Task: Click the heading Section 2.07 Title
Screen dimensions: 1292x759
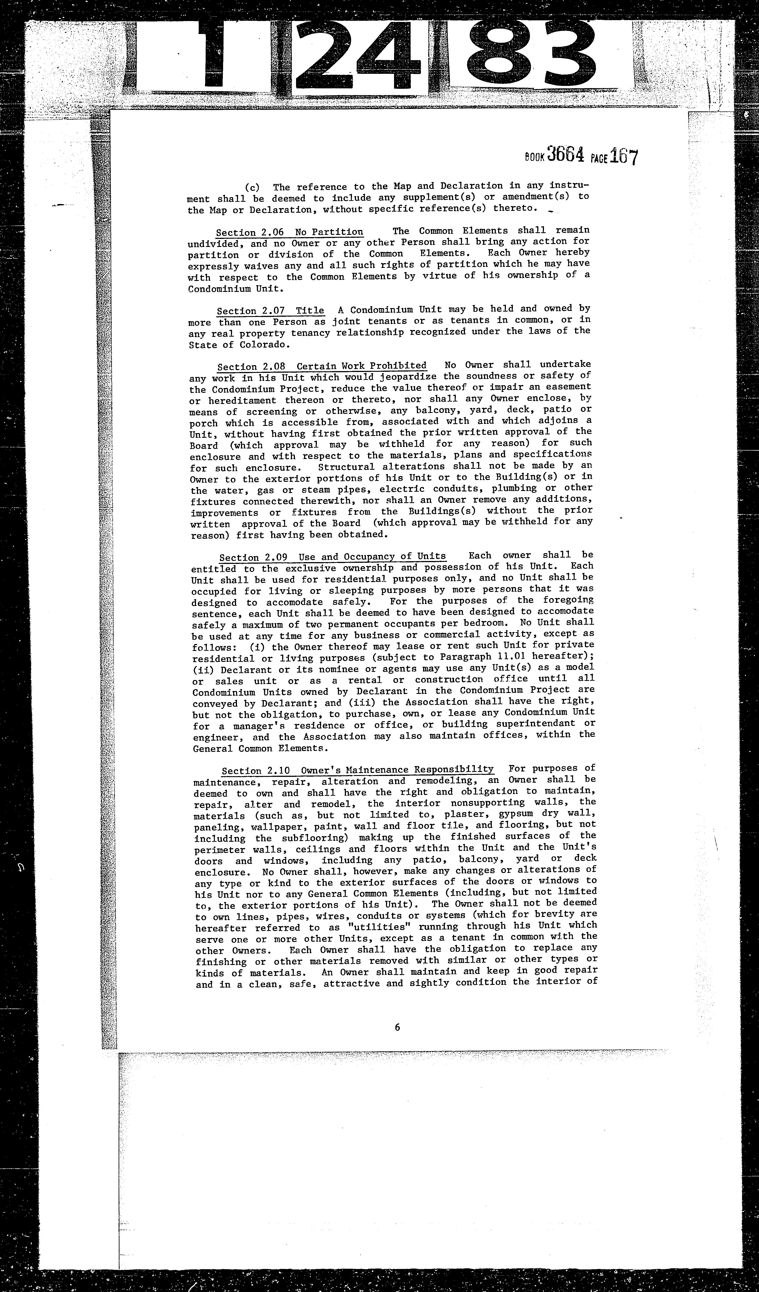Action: (x=270, y=311)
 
